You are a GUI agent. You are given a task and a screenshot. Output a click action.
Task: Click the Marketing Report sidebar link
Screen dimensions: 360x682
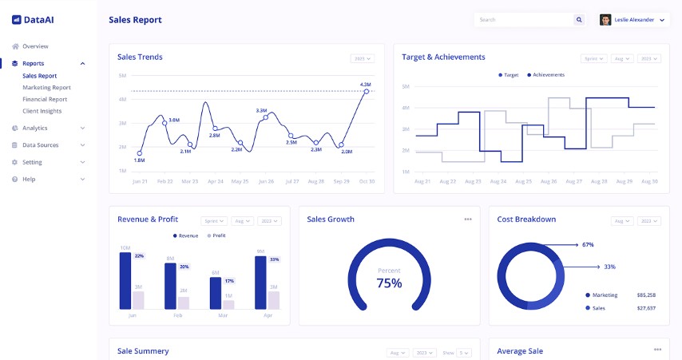pos(46,88)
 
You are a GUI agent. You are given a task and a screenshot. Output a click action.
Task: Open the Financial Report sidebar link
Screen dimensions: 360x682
pos(45,99)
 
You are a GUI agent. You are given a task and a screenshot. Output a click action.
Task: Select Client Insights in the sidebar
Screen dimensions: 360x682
pos(42,111)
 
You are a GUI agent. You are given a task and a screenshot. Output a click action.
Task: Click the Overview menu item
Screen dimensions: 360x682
pos(35,46)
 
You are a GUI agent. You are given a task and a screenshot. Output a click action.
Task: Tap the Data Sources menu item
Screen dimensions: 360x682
pos(40,145)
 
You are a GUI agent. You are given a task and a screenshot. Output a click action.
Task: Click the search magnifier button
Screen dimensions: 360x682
pos(579,20)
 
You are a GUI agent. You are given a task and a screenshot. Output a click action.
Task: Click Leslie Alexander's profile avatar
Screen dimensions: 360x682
pos(605,20)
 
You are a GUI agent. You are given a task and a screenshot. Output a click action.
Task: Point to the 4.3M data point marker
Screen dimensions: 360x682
pos(367,92)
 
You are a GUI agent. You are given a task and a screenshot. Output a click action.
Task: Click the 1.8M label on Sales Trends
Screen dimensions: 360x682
pos(139,160)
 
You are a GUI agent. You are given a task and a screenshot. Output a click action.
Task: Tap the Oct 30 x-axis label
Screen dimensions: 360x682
pos(366,181)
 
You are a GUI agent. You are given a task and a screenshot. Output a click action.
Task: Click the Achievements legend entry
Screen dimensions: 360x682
pos(549,74)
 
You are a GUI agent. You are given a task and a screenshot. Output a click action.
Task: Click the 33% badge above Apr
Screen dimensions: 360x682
pos(275,259)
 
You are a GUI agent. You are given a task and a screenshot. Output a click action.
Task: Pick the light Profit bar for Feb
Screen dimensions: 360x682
pos(184,303)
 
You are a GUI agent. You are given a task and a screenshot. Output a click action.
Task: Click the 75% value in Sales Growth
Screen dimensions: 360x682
pos(389,283)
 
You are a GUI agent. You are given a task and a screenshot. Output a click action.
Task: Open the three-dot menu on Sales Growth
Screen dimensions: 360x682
pos(468,219)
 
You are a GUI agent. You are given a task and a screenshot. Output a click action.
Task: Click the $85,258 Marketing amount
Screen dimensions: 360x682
pos(646,295)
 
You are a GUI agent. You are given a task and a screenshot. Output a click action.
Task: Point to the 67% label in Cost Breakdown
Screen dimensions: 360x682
pos(588,244)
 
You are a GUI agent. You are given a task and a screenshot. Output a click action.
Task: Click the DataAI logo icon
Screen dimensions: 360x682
pos(17,19)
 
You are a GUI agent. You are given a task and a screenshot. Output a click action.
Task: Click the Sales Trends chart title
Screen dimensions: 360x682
pos(140,57)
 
